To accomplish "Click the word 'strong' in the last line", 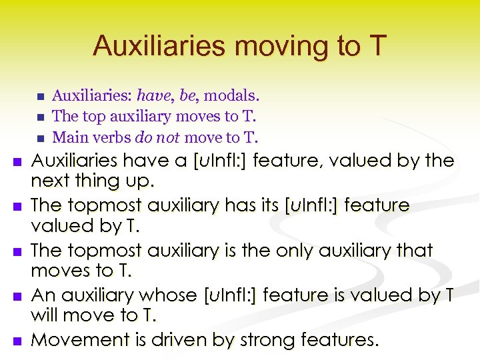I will tap(265, 340).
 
